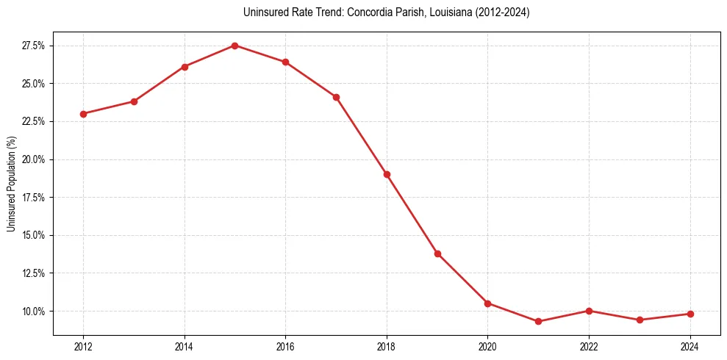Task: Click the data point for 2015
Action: (234, 46)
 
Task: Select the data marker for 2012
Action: (83, 114)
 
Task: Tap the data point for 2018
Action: (387, 174)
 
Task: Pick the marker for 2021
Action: (538, 321)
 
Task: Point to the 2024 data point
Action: (690, 314)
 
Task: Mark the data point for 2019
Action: (437, 253)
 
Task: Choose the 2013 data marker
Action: (134, 101)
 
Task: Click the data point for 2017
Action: (336, 97)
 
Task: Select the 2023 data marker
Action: (640, 320)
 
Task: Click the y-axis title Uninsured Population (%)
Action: (11, 184)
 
